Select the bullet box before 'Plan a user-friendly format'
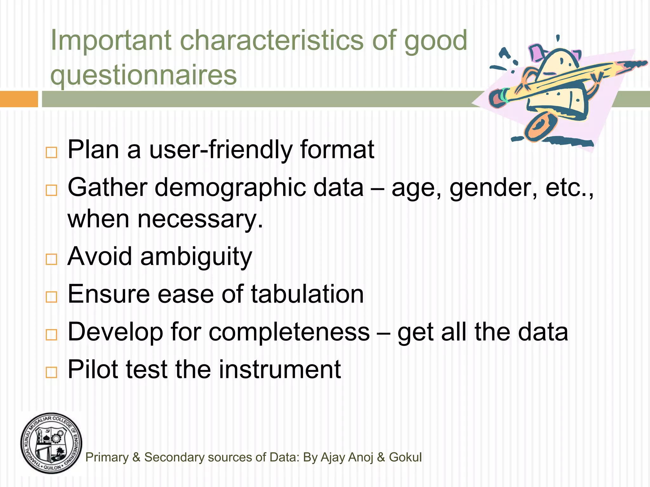51,153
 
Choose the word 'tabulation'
307,294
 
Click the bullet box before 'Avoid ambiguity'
51,259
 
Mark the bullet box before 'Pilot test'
51,372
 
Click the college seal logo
51,444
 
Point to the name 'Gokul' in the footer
405,457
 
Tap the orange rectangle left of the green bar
19,99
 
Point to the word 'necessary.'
200,219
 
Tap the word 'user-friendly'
221,150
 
